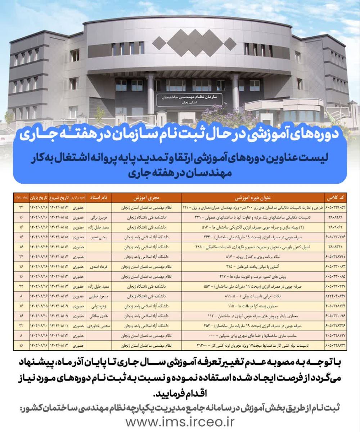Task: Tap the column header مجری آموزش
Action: [x=146, y=198]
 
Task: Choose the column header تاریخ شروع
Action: [x=59, y=198]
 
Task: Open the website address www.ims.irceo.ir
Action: [x=180, y=421]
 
